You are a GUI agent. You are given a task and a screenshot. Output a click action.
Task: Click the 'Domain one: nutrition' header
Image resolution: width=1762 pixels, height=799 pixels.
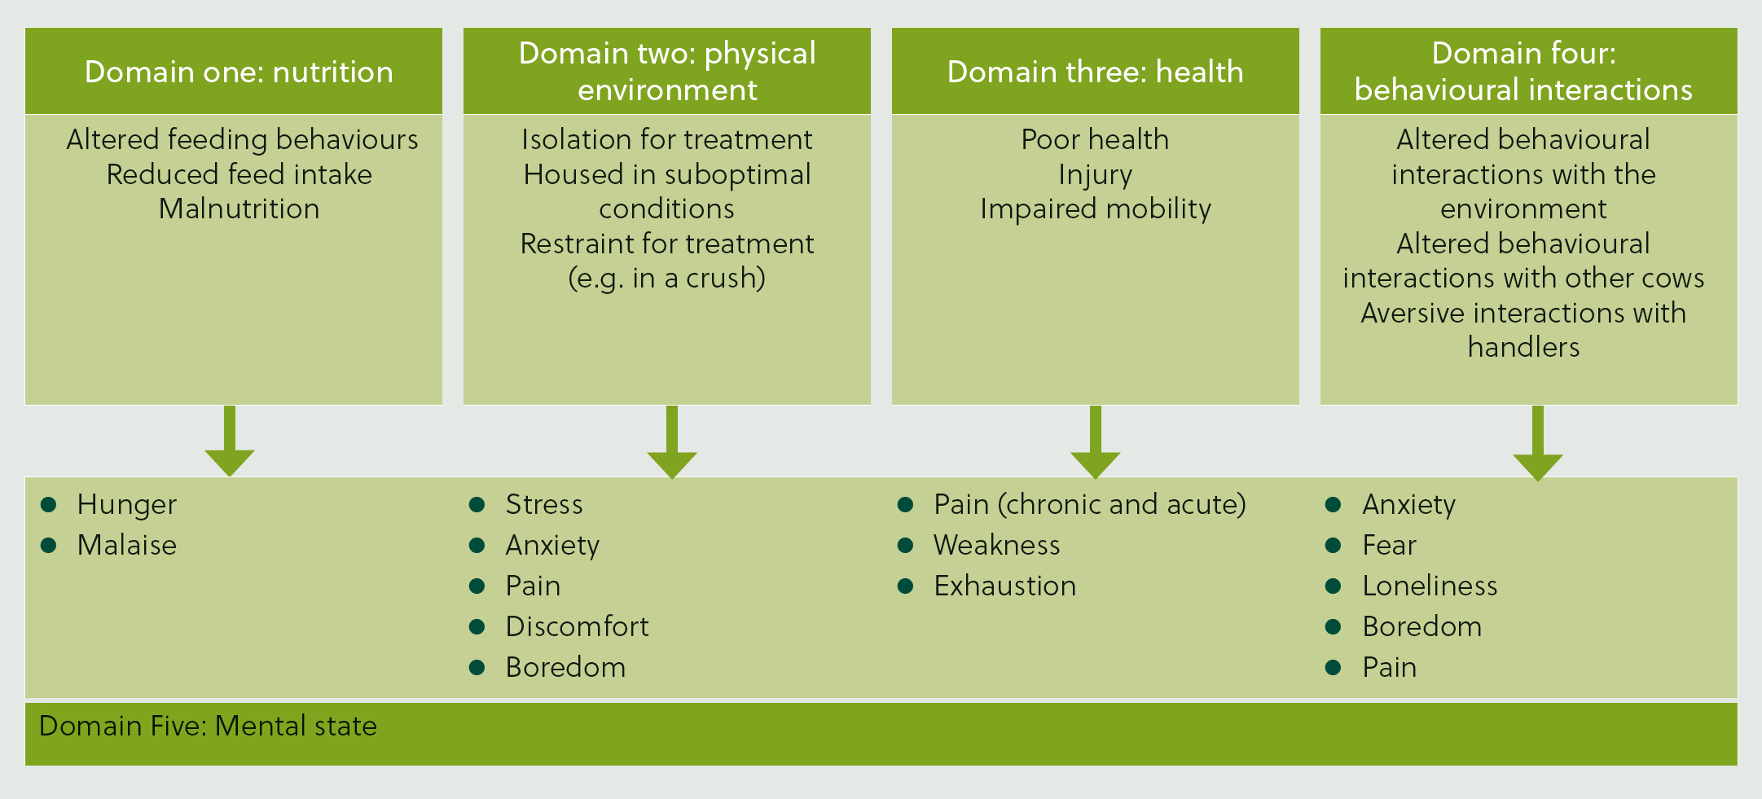[239, 72]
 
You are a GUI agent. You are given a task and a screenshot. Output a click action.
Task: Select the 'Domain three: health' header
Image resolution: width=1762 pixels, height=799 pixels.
[1096, 72]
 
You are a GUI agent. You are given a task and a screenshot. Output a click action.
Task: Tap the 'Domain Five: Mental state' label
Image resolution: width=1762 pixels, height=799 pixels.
[208, 726]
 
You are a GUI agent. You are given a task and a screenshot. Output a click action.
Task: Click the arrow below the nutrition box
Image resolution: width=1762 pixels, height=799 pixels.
[230, 441]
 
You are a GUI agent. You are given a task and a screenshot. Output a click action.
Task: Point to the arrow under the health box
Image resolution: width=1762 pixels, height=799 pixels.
[1096, 441]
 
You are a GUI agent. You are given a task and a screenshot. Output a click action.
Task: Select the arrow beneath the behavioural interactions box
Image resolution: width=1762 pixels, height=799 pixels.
[1538, 443]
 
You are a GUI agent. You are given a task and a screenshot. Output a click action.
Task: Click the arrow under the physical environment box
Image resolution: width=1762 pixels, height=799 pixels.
[672, 441]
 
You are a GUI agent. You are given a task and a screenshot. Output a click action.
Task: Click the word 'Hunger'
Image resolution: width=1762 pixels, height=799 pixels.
[127, 505]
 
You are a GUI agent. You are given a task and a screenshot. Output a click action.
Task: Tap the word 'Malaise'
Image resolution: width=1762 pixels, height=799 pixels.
[127, 545]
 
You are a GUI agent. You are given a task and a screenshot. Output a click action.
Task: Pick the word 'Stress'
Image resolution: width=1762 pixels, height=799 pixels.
[544, 504]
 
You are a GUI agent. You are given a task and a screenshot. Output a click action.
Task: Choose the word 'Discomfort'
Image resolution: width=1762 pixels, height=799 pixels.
[578, 626]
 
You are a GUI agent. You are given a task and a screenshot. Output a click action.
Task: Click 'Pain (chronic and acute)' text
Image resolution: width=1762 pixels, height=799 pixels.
[1090, 505]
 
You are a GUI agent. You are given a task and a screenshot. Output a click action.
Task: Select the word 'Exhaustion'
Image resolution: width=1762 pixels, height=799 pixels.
[1005, 586]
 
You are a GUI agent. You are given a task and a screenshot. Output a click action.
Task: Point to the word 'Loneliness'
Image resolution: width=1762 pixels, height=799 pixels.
[1430, 586]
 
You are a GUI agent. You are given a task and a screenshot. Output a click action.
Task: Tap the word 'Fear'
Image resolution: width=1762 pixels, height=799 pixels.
[1390, 545]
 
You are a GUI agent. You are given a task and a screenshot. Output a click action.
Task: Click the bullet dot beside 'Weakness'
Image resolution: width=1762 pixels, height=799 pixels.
[905, 545]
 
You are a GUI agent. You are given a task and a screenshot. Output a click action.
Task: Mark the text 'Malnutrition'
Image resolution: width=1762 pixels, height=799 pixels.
[239, 209]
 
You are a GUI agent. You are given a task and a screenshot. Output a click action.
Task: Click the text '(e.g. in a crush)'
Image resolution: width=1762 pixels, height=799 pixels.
[667, 279]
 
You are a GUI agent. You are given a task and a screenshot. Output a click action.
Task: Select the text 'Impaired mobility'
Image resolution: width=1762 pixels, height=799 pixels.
[1096, 209]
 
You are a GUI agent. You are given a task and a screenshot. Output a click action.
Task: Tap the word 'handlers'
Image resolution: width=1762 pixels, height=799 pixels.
[1524, 347]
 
